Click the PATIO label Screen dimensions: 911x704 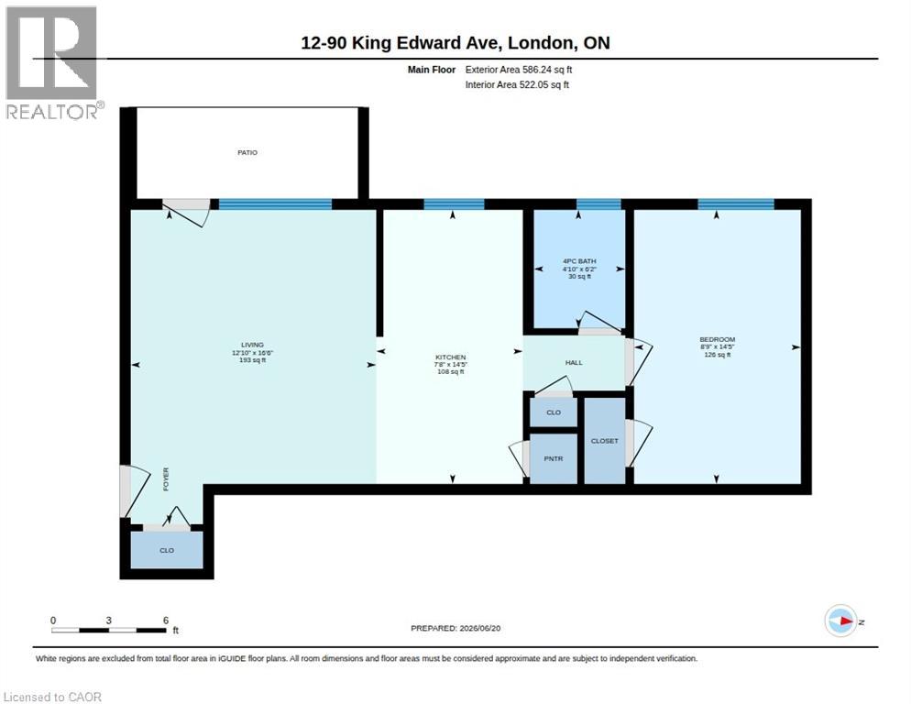coord(247,152)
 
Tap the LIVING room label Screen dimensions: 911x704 coord(252,345)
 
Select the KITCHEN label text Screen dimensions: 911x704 coord(450,357)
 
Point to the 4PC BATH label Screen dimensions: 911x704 coord(579,261)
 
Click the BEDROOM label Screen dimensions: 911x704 coord(717,339)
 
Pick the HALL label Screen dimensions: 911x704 coord(574,362)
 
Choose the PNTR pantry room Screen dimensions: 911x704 coord(554,458)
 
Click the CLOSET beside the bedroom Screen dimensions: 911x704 coord(604,441)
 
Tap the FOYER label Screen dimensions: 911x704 coord(166,479)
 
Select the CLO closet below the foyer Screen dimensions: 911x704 coord(167,550)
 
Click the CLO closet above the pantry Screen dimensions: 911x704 coord(554,412)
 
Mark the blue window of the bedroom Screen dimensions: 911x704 coord(736,204)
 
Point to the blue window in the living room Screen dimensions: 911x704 coord(275,204)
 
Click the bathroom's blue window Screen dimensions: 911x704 coord(598,204)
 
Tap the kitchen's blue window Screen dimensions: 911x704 coord(454,204)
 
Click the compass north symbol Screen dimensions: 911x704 coord(840,621)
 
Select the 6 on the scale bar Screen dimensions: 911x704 coord(166,621)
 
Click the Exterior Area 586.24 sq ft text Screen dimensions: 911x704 coord(518,69)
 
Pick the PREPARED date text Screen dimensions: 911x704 coord(455,628)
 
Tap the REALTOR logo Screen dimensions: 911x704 coord(52,62)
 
